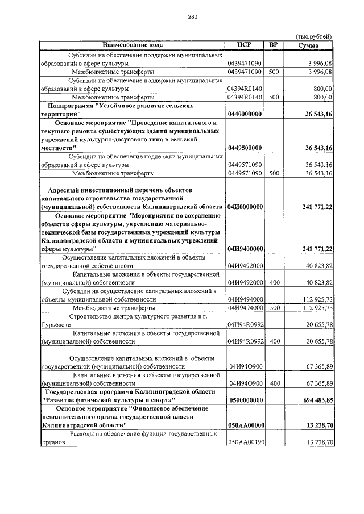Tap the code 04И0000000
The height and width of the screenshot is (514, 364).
[244, 207]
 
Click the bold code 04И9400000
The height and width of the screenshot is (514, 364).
[244, 249]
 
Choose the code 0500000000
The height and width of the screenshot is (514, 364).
[244, 400]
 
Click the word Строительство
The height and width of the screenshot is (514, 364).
[94, 316]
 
